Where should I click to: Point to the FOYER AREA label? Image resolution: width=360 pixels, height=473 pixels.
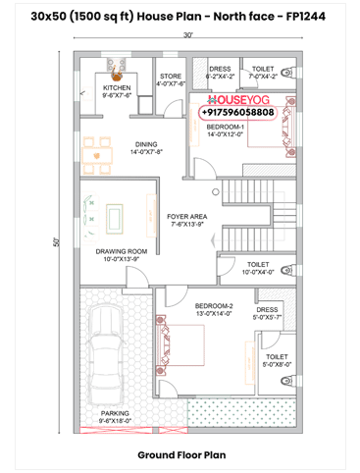point(185,220)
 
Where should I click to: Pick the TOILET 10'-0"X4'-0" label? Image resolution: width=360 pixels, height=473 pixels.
point(258,268)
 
